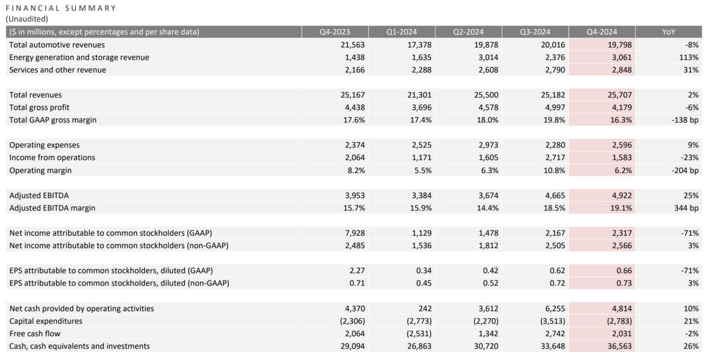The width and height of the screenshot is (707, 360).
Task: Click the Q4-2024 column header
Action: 602,32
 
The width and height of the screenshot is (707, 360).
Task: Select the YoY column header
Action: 669,32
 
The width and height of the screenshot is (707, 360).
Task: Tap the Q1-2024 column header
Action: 401,32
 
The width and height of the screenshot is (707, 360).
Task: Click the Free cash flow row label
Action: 35,333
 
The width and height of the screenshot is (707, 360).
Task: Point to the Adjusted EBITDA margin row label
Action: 52,208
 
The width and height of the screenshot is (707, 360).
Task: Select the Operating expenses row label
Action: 45,145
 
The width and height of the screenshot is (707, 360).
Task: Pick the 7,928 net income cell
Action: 354,233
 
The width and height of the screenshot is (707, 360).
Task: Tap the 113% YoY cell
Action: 689,58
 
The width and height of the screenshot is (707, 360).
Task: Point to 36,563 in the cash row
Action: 617,346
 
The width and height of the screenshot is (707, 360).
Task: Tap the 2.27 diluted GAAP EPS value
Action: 357,271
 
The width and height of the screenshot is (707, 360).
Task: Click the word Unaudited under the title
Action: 27,19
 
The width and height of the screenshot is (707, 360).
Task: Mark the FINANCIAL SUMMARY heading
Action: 61,8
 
